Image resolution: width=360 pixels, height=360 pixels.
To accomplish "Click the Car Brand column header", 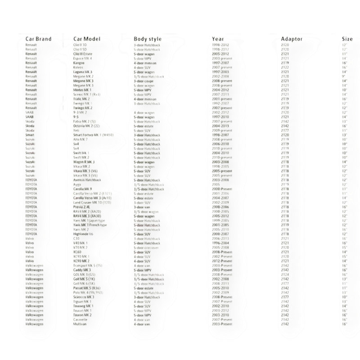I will point(39,39).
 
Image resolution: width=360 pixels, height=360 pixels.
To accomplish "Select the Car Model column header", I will point(86,39).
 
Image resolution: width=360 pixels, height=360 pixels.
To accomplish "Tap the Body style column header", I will point(148,39).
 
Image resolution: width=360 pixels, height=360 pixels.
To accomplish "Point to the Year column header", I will point(218,39).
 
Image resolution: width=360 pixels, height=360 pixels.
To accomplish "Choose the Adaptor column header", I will point(292,39).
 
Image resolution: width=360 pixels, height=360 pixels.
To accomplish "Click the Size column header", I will point(347,39).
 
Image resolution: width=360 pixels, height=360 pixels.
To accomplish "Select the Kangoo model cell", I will point(79,63).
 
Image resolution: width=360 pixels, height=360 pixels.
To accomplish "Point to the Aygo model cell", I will point(77,184).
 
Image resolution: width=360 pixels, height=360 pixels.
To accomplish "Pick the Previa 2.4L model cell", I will point(82,207).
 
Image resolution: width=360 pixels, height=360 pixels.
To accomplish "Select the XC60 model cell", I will point(77,252).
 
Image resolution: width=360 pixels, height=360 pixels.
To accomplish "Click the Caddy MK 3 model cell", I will point(82,270).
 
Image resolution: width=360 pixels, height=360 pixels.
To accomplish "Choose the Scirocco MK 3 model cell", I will point(84,297).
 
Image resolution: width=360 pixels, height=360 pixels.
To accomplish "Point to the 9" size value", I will point(344,76).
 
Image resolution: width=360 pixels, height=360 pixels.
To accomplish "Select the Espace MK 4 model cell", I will point(82,58).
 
